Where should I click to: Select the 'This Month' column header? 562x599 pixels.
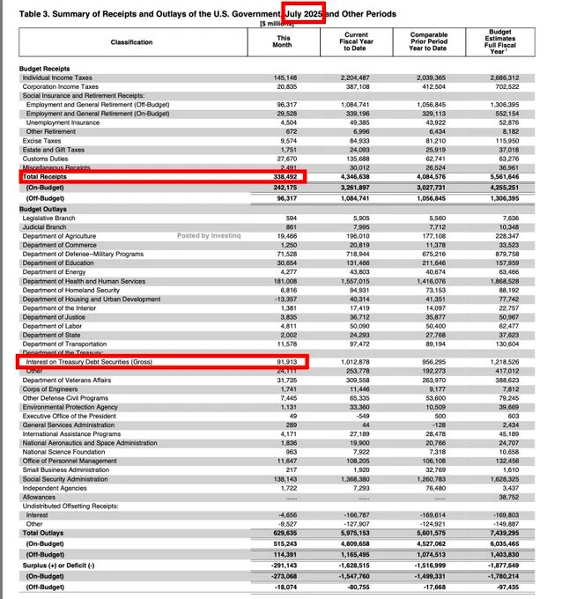(x=284, y=42)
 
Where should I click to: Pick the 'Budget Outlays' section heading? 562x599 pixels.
(x=45, y=209)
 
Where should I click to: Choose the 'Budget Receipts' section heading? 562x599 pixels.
(x=47, y=69)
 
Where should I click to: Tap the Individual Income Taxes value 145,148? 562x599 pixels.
(x=285, y=78)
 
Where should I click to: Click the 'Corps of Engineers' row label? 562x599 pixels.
(x=50, y=388)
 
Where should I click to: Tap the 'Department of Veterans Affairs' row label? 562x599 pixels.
(x=68, y=380)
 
